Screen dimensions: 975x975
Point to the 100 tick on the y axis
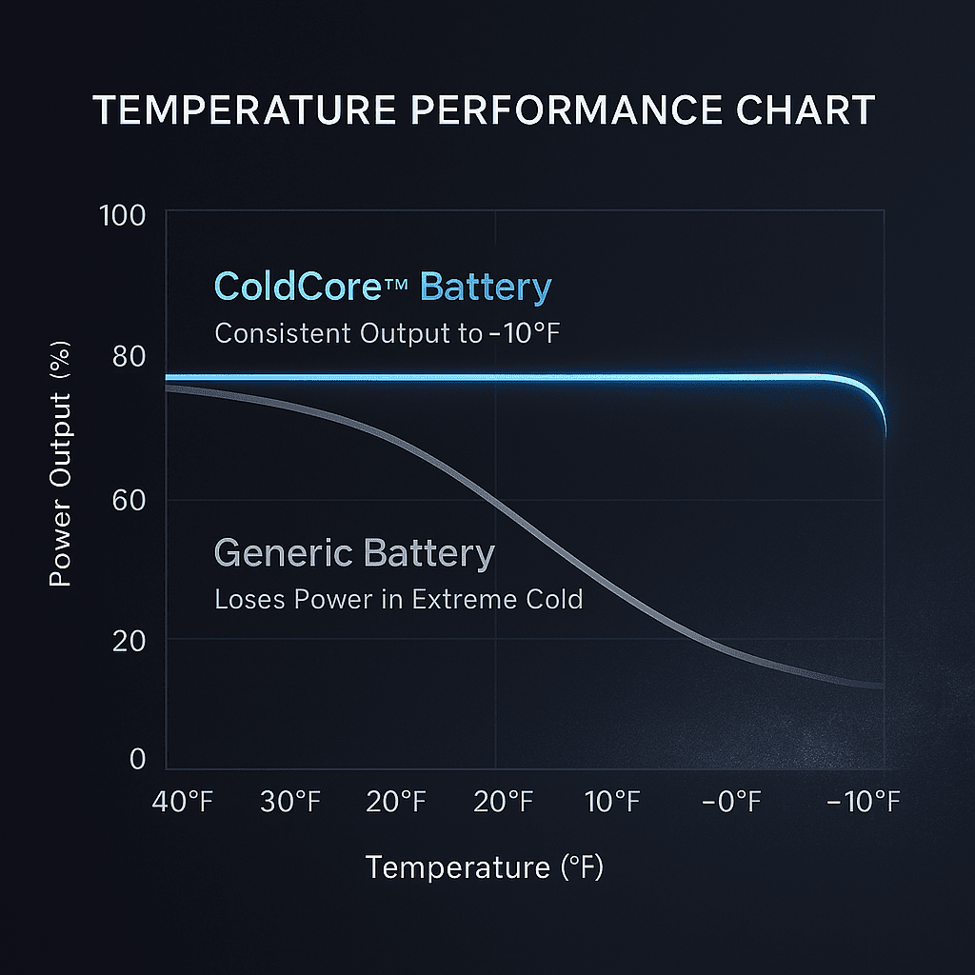point(122,215)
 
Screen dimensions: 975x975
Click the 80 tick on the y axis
point(129,357)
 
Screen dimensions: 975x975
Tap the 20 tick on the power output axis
point(129,640)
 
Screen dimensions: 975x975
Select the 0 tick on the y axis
point(137,759)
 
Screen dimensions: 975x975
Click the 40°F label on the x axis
point(183,802)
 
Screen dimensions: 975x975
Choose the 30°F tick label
point(290,802)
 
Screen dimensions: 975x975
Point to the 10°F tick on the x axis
point(612,802)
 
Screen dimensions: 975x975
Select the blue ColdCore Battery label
point(383,287)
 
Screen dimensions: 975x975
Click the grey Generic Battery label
point(354,553)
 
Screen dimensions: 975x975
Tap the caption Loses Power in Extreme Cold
point(398,601)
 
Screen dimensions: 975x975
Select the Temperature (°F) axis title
point(485,867)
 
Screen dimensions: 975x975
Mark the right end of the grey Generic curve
point(883,686)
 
